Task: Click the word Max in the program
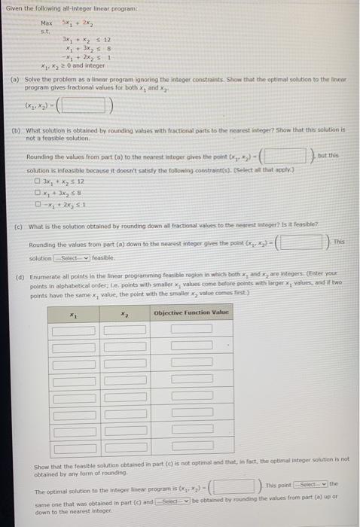coord(47,24)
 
